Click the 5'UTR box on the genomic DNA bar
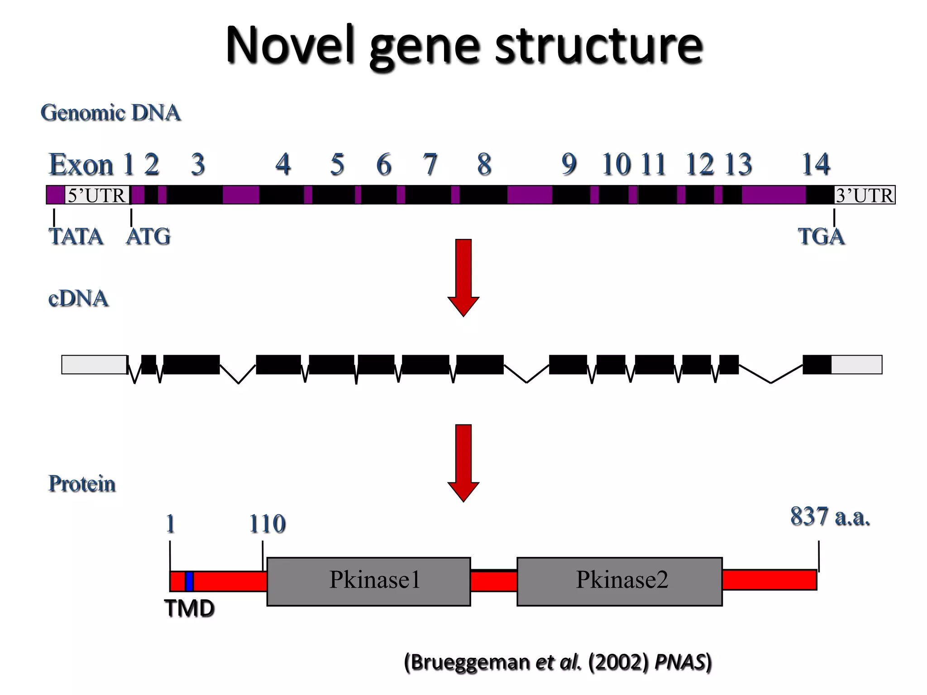(97, 195)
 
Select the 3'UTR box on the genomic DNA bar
(864, 195)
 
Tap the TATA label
(76, 237)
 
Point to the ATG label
(148, 237)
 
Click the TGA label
(821, 237)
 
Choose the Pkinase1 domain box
(368, 581)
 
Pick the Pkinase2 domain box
(619, 581)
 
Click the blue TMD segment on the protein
(189, 581)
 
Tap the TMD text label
(189, 609)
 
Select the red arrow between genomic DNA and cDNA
(463, 276)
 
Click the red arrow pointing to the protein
(463, 462)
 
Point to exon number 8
(484, 164)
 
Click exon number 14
(816, 164)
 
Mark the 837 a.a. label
(830, 516)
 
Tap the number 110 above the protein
(267, 524)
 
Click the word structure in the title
(598, 45)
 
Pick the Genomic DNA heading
(110, 113)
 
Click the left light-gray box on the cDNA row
(94, 365)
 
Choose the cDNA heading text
(78, 299)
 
